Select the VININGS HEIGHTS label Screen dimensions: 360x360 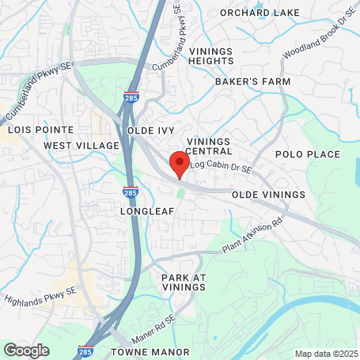pos(211,56)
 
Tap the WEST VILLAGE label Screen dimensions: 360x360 pos(81,146)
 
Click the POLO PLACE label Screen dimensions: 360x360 pos(307,154)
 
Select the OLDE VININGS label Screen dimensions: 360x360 pos(268,195)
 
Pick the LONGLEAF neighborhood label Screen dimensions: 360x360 pos(146,212)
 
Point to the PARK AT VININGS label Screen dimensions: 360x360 pos(184,283)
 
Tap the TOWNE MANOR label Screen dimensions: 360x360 pos(150,351)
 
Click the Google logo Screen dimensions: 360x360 pos(26,350)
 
